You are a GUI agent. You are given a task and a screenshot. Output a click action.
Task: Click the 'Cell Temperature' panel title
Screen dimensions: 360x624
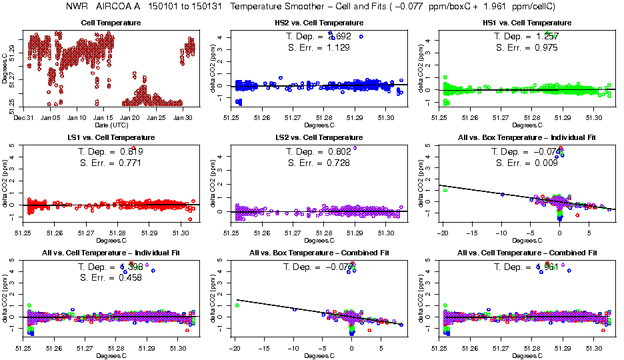click(111, 23)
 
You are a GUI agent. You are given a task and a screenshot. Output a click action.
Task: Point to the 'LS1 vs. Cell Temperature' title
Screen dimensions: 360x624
click(111, 137)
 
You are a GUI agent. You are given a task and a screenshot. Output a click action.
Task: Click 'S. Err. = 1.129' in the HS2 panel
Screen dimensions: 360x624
click(313, 47)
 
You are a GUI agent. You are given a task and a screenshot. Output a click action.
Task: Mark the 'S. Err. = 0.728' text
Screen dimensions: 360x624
click(313, 163)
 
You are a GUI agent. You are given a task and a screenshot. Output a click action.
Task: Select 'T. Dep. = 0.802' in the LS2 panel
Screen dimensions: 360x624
click(313, 151)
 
